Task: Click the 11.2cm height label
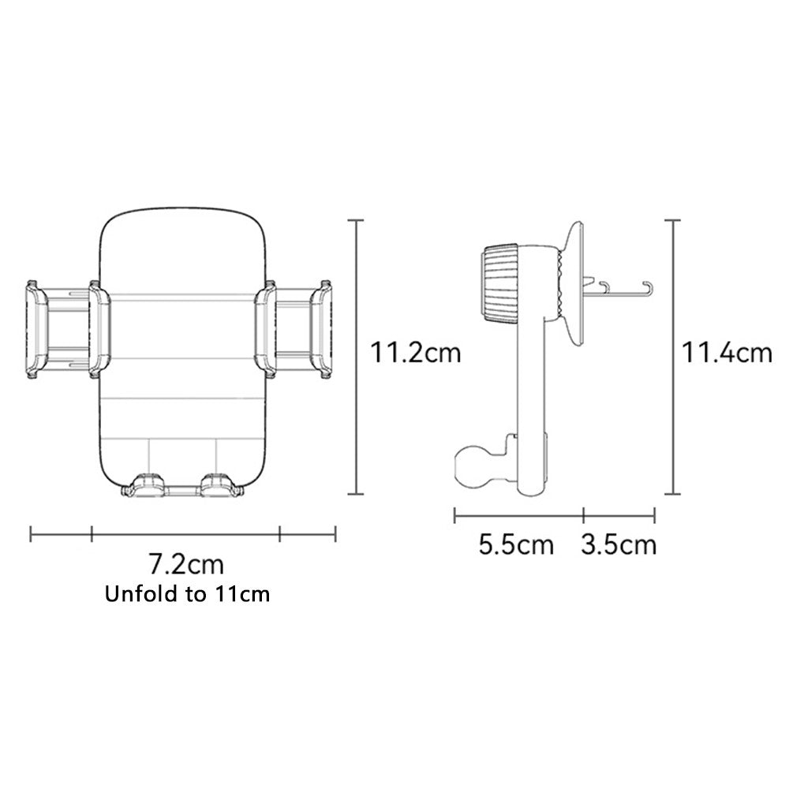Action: [x=416, y=352]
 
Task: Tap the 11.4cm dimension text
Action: [x=727, y=352]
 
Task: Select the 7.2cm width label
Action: [x=186, y=564]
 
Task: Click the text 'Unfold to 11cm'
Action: [x=188, y=594]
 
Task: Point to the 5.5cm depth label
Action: [x=516, y=544]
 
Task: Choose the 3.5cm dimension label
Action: [x=619, y=544]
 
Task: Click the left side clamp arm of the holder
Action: [x=67, y=329]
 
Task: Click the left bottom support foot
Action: [x=145, y=486]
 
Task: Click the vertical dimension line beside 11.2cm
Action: [x=357, y=357]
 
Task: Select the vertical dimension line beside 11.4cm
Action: [x=672, y=357]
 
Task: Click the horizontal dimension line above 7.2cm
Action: [x=186, y=535]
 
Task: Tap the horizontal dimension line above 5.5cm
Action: [x=518, y=516]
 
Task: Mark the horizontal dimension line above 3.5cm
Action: [x=619, y=516]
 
